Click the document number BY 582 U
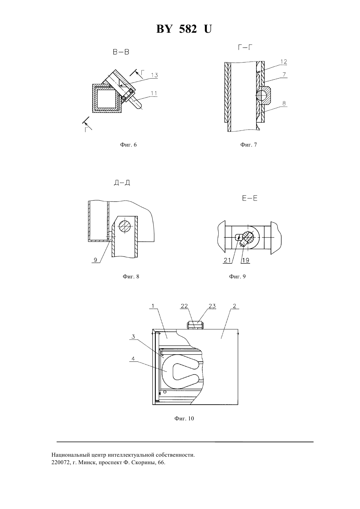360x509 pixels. tap(184, 29)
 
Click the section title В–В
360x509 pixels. tap(121, 52)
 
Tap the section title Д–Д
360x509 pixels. tap(122, 183)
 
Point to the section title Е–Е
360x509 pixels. tap(250, 198)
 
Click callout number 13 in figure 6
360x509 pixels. tap(154, 75)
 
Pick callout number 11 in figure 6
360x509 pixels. tap(154, 93)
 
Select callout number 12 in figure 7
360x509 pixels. tap(284, 62)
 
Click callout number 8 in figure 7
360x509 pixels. tap(284, 103)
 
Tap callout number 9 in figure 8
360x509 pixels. tap(96, 260)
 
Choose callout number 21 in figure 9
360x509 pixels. tap(227, 260)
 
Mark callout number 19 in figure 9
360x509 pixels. tap(246, 260)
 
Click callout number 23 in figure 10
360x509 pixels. tap(212, 306)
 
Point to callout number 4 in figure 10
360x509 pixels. tap(133, 359)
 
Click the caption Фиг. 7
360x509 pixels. tap(249, 145)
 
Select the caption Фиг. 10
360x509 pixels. tap(184, 419)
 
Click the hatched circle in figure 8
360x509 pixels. tap(125, 227)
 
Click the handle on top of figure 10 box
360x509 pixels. tap(195, 325)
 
